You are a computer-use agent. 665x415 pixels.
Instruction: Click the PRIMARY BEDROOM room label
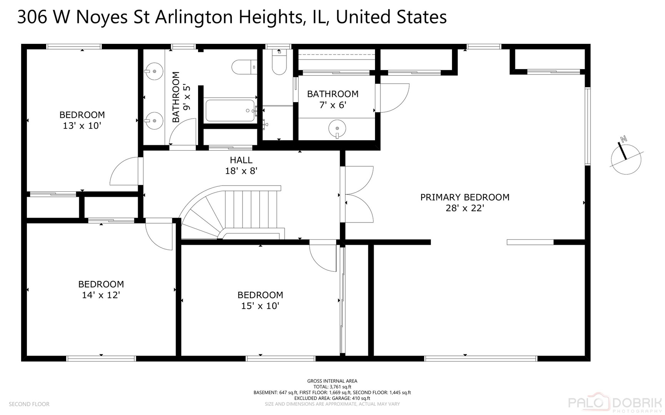click(x=465, y=197)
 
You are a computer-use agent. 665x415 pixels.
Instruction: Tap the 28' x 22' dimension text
click(x=465, y=208)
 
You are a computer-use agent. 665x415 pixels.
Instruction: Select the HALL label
click(x=241, y=160)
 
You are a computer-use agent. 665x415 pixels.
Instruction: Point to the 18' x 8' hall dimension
click(x=241, y=171)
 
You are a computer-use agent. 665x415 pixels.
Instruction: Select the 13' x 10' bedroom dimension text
click(x=82, y=126)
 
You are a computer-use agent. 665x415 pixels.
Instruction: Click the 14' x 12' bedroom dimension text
click(x=101, y=295)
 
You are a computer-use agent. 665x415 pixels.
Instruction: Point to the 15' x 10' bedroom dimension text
click(x=260, y=306)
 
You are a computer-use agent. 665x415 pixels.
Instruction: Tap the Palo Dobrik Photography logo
click(x=615, y=403)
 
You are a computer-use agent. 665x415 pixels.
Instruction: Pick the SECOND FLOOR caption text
click(x=29, y=404)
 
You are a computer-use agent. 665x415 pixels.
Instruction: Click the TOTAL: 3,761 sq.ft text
click(x=332, y=387)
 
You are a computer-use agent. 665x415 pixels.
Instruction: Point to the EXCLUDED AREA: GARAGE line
click(x=332, y=398)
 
